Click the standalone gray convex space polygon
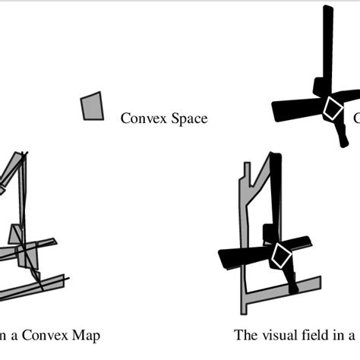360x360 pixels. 92,106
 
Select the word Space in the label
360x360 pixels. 189,119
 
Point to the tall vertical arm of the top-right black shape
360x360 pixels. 327,46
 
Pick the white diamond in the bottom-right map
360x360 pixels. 281,256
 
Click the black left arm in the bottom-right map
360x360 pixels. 239,259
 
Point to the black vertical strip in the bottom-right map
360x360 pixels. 274,190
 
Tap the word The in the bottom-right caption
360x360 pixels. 245,335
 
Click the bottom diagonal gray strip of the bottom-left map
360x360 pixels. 30,286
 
